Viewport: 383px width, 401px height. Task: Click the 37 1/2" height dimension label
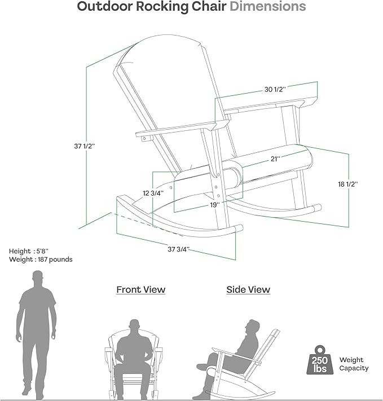[x=85, y=146]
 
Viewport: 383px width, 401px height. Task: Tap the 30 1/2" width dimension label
[x=275, y=90]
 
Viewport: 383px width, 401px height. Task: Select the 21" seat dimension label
[x=275, y=159]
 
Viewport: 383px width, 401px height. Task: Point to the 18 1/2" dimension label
[x=348, y=184]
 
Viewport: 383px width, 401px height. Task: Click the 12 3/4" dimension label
[x=153, y=193]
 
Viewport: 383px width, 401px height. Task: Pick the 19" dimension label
[x=215, y=205]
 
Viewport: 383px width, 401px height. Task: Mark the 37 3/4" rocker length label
[x=179, y=249]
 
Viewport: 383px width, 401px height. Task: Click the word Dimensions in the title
[x=267, y=6]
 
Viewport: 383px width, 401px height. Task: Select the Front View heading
[x=140, y=290]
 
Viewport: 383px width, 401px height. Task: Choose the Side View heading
[x=248, y=290]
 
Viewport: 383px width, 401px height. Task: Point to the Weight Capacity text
[x=354, y=364]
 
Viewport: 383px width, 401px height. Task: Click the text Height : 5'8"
[x=29, y=251]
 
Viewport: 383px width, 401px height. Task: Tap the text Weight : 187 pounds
[x=41, y=259]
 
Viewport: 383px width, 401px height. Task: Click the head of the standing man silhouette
[x=38, y=277]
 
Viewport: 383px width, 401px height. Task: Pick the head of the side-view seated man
[x=252, y=327]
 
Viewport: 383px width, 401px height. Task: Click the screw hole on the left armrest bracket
[x=144, y=139]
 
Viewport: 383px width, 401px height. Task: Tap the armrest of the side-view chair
[x=236, y=355]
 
